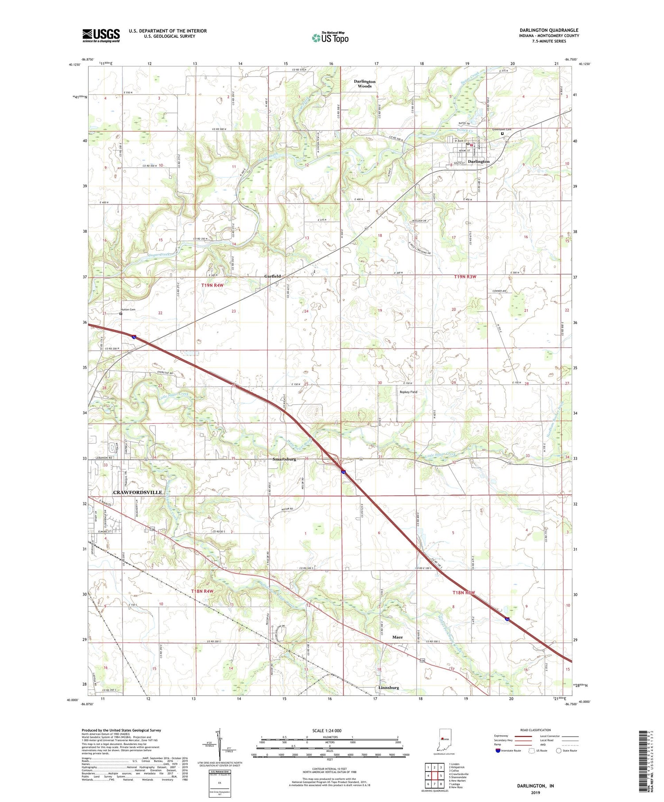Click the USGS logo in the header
point(101,35)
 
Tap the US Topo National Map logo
point(330,38)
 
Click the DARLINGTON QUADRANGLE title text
point(549,30)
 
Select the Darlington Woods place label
point(365,84)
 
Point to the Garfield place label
point(272,276)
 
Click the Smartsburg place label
point(284,459)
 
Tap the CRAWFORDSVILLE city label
point(138,492)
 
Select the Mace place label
point(398,637)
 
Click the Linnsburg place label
point(389,687)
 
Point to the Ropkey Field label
point(408,392)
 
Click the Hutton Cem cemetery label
point(128,309)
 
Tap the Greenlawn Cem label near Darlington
point(502,130)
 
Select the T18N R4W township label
point(202,591)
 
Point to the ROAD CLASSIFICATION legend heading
point(535,730)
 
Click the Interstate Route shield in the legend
point(498,751)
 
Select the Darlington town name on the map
point(479,161)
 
